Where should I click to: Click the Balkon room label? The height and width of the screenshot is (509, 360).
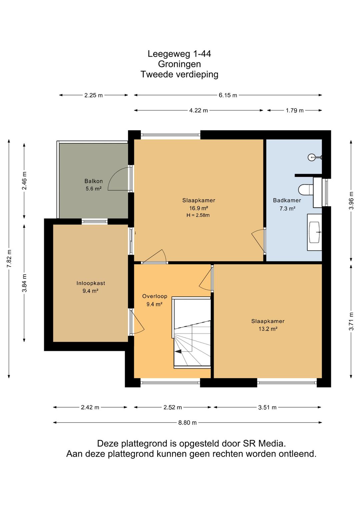click(x=94, y=181)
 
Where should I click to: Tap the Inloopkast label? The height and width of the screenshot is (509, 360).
click(x=91, y=283)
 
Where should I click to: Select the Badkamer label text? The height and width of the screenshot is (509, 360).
click(x=287, y=200)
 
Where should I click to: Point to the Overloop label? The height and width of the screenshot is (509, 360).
click(x=155, y=296)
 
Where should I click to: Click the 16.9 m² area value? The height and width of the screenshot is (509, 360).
click(x=199, y=208)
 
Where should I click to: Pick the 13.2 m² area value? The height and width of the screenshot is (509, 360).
click(x=268, y=329)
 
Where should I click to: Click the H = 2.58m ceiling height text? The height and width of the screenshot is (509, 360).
click(x=198, y=215)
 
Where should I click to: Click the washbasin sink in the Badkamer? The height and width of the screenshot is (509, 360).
click(x=315, y=232)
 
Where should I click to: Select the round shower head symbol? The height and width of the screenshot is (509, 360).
click(x=311, y=157)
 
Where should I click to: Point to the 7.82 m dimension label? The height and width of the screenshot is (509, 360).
click(x=9, y=259)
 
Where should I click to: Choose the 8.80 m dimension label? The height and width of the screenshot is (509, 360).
click(x=187, y=423)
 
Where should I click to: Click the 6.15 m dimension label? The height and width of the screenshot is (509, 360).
click(x=228, y=95)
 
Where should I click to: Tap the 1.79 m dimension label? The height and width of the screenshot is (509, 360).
click(x=295, y=110)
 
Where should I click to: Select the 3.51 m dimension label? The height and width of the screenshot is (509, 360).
click(x=267, y=407)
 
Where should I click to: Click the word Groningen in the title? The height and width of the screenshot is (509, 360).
click(x=179, y=64)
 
